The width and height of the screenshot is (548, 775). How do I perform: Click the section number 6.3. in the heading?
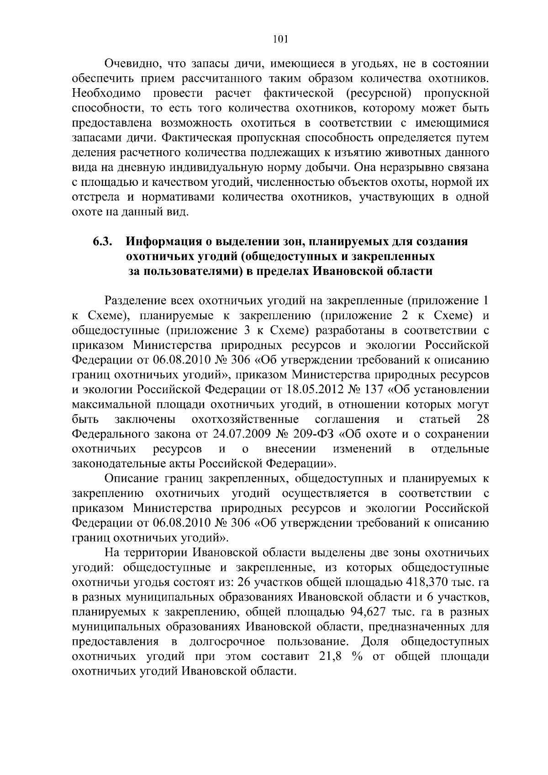pos(103,241)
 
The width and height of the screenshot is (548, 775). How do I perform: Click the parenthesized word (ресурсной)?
pos(380,94)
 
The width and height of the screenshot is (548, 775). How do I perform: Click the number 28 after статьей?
pos(482,419)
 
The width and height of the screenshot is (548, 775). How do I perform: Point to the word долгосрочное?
pos(227,642)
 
